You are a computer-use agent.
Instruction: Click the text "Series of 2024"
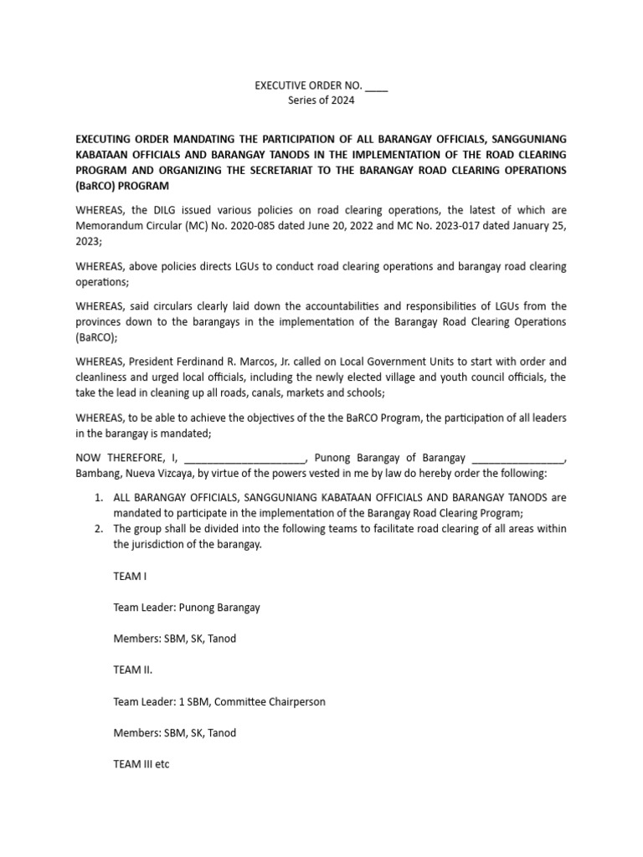[321, 100]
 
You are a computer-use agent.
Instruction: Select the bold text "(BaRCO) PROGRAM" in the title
[122, 185]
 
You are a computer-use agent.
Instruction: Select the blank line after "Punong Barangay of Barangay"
[519, 458]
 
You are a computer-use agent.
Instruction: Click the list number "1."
[98, 498]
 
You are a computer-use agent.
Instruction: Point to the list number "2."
[98, 529]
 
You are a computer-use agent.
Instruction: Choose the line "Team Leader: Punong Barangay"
[186, 608]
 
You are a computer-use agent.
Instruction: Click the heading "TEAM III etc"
[141, 764]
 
